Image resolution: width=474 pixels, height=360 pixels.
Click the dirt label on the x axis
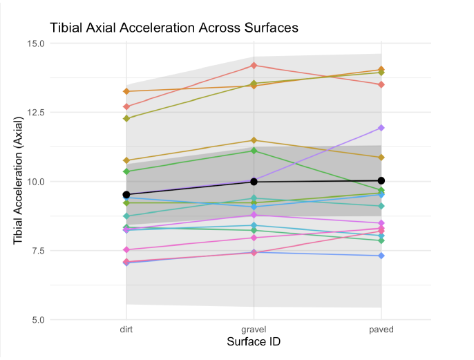click(x=126, y=330)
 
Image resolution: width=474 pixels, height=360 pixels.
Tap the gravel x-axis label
click(x=254, y=330)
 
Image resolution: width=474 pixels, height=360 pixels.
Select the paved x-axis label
click(x=381, y=330)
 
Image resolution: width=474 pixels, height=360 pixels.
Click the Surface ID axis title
click(x=254, y=342)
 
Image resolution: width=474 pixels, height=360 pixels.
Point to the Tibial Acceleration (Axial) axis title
click(x=19, y=181)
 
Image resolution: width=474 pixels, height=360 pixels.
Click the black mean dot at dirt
click(x=126, y=195)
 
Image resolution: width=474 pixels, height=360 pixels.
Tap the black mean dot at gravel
click(x=254, y=182)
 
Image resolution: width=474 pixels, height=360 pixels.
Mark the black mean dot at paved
click(x=381, y=181)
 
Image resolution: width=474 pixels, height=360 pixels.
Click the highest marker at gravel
click(x=254, y=66)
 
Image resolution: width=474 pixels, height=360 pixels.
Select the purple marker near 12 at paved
click(x=381, y=128)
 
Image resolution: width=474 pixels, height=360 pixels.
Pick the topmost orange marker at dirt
click(x=126, y=91)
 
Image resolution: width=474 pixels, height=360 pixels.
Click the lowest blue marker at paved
click(x=381, y=256)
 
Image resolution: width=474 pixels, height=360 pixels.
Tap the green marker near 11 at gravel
click(x=254, y=151)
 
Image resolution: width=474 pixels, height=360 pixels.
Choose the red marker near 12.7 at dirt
click(x=126, y=106)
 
